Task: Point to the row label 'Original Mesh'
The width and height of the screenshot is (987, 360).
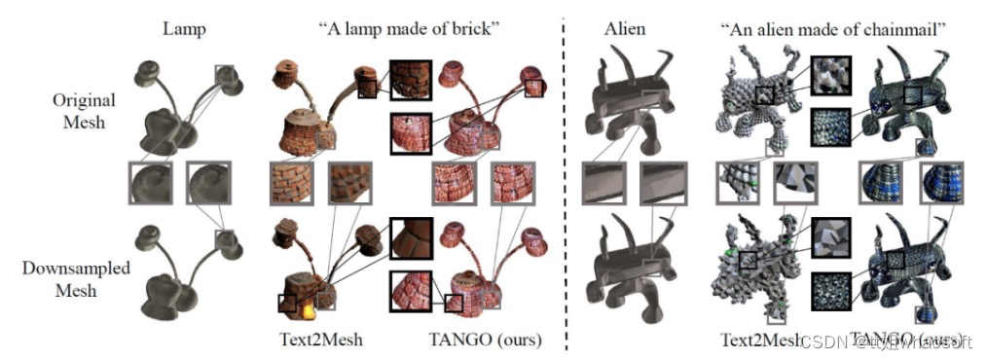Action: pyautogui.click(x=84, y=112)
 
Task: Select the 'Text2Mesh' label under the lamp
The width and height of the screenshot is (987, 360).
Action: pyautogui.click(x=307, y=340)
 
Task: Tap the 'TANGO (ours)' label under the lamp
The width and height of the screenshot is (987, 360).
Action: pyautogui.click(x=485, y=340)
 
